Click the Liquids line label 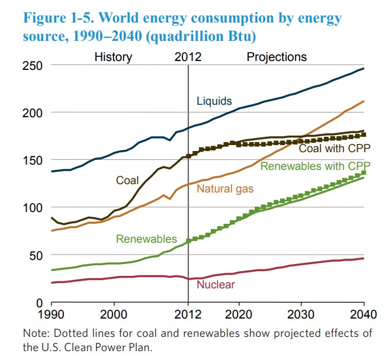point(214,101)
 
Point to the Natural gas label point(225,189)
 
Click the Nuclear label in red point(216,284)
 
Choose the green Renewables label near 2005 point(146,239)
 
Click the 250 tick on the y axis point(33,65)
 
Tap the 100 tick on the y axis point(33,208)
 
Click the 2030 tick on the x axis point(300,315)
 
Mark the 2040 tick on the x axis point(362,315)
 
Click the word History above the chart point(113,57)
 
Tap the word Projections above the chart point(277,57)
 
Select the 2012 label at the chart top point(188,57)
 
